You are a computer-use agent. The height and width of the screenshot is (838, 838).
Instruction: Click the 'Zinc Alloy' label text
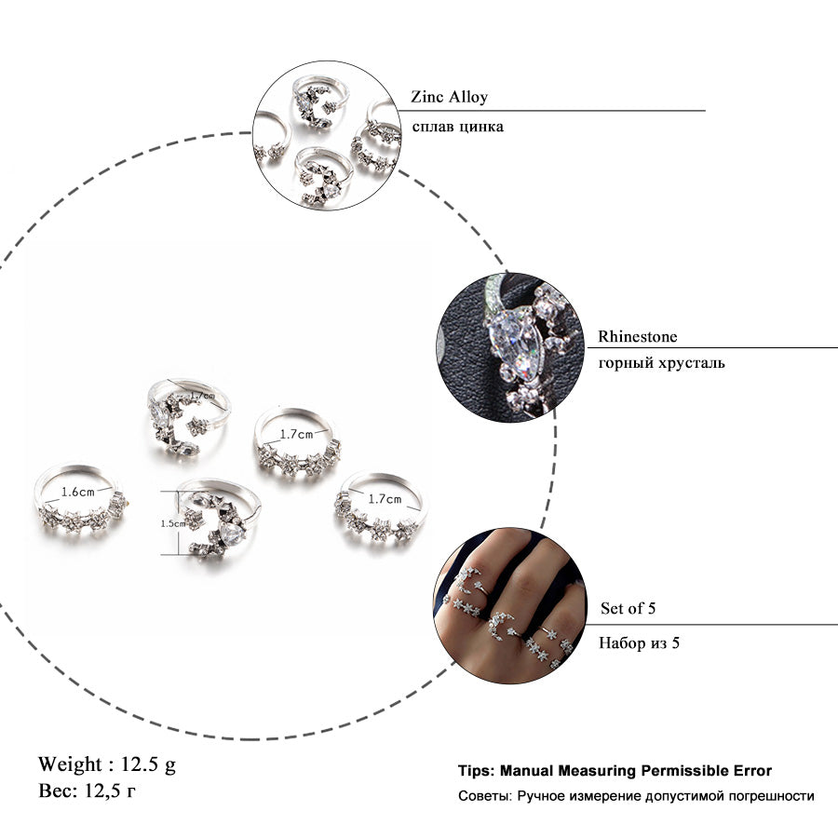[449, 97]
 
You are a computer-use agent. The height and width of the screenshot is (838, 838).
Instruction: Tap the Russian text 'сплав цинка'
[457, 127]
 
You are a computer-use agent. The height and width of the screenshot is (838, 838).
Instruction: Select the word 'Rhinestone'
[637, 336]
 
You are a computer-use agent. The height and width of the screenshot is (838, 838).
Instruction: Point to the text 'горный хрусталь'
[662, 363]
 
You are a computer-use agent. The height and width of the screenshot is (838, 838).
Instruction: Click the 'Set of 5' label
[628, 608]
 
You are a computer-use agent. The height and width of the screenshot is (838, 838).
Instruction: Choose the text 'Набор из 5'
[639, 642]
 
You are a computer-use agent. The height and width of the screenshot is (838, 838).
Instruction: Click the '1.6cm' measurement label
[78, 493]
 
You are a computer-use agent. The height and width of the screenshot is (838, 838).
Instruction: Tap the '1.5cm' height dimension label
[172, 523]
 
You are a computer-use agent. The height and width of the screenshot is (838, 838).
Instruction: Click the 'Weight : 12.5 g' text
[107, 764]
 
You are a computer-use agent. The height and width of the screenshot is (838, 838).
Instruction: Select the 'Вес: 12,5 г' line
[88, 791]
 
